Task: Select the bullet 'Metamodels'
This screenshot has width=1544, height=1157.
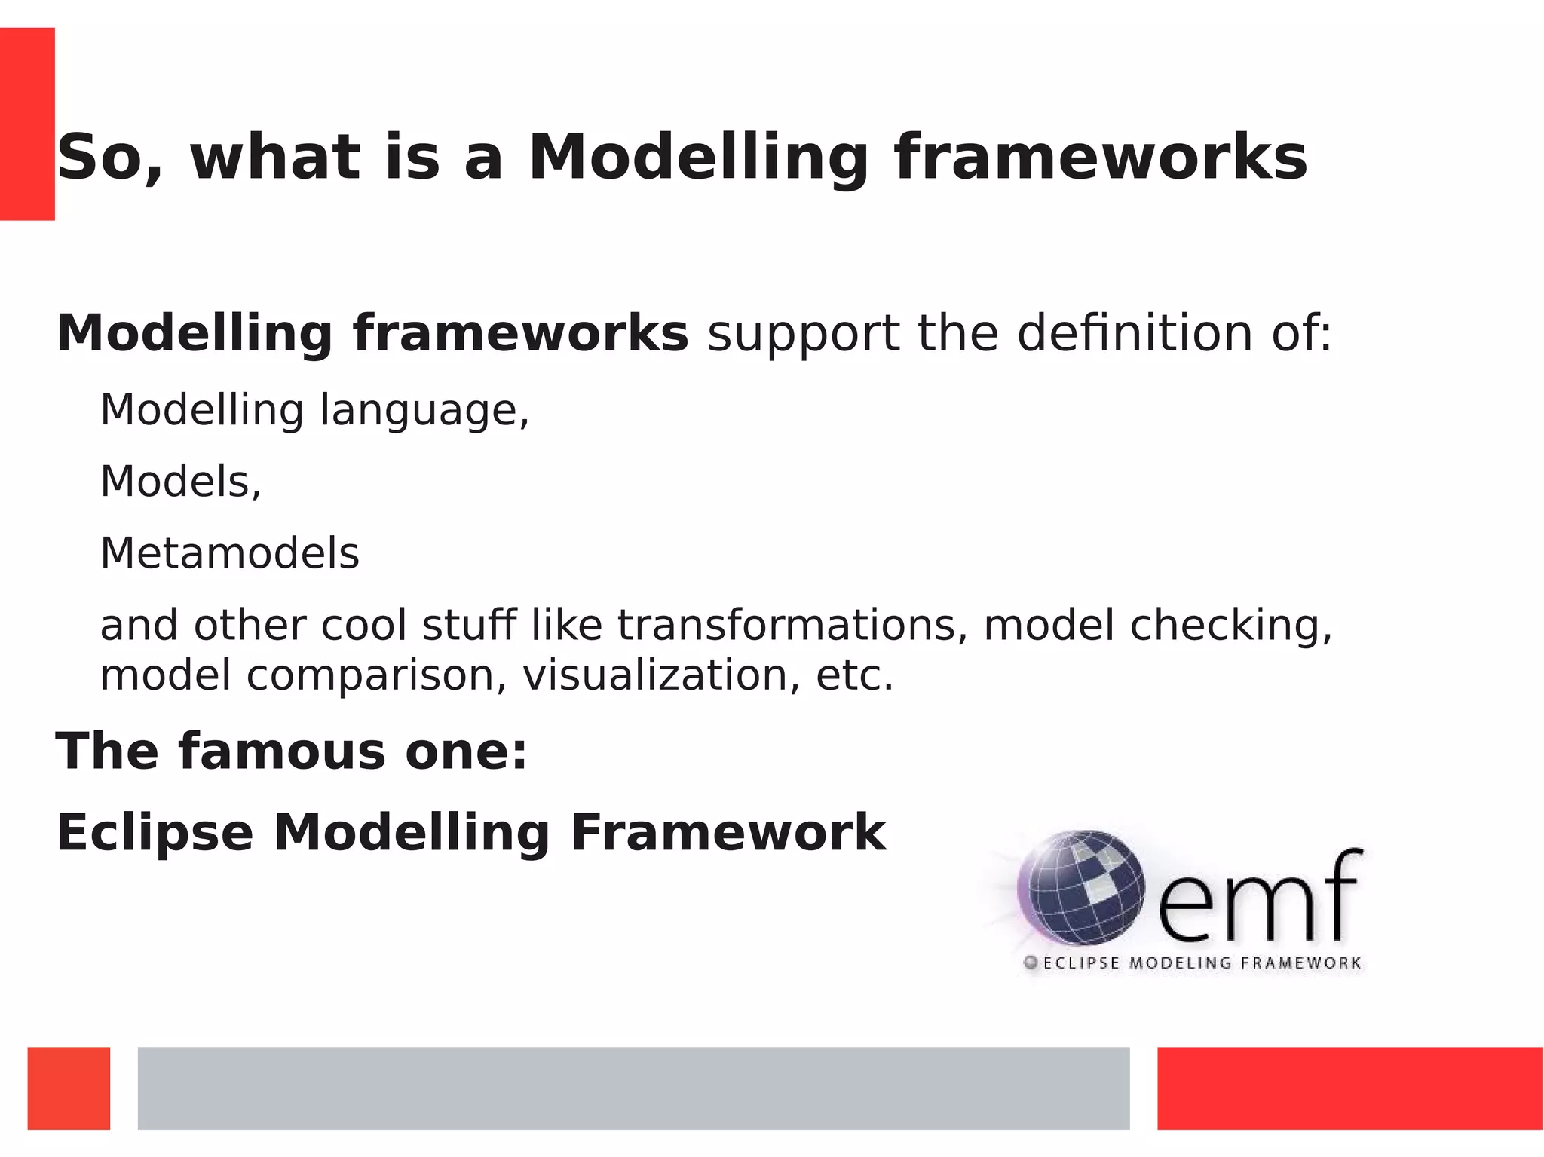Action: pyautogui.click(x=229, y=553)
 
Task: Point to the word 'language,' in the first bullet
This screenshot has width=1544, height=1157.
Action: pyautogui.click(x=424, y=411)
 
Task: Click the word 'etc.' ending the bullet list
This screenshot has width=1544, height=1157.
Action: pyautogui.click(x=854, y=675)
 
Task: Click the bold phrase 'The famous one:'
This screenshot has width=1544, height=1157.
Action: pyautogui.click(x=291, y=751)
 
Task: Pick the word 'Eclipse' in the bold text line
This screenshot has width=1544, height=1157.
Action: pyautogui.click(x=155, y=833)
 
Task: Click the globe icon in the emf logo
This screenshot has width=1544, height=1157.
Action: pyautogui.click(x=1080, y=888)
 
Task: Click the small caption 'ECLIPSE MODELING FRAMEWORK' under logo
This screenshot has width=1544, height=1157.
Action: pyautogui.click(x=1201, y=963)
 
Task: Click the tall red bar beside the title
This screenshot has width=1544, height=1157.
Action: pyautogui.click(x=27, y=124)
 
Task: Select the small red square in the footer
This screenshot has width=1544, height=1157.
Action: pyautogui.click(x=69, y=1088)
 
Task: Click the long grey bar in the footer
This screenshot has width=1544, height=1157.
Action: pyautogui.click(x=633, y=1088)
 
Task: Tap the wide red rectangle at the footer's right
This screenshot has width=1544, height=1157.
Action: pyautogui.click(x=1349, y=1088)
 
